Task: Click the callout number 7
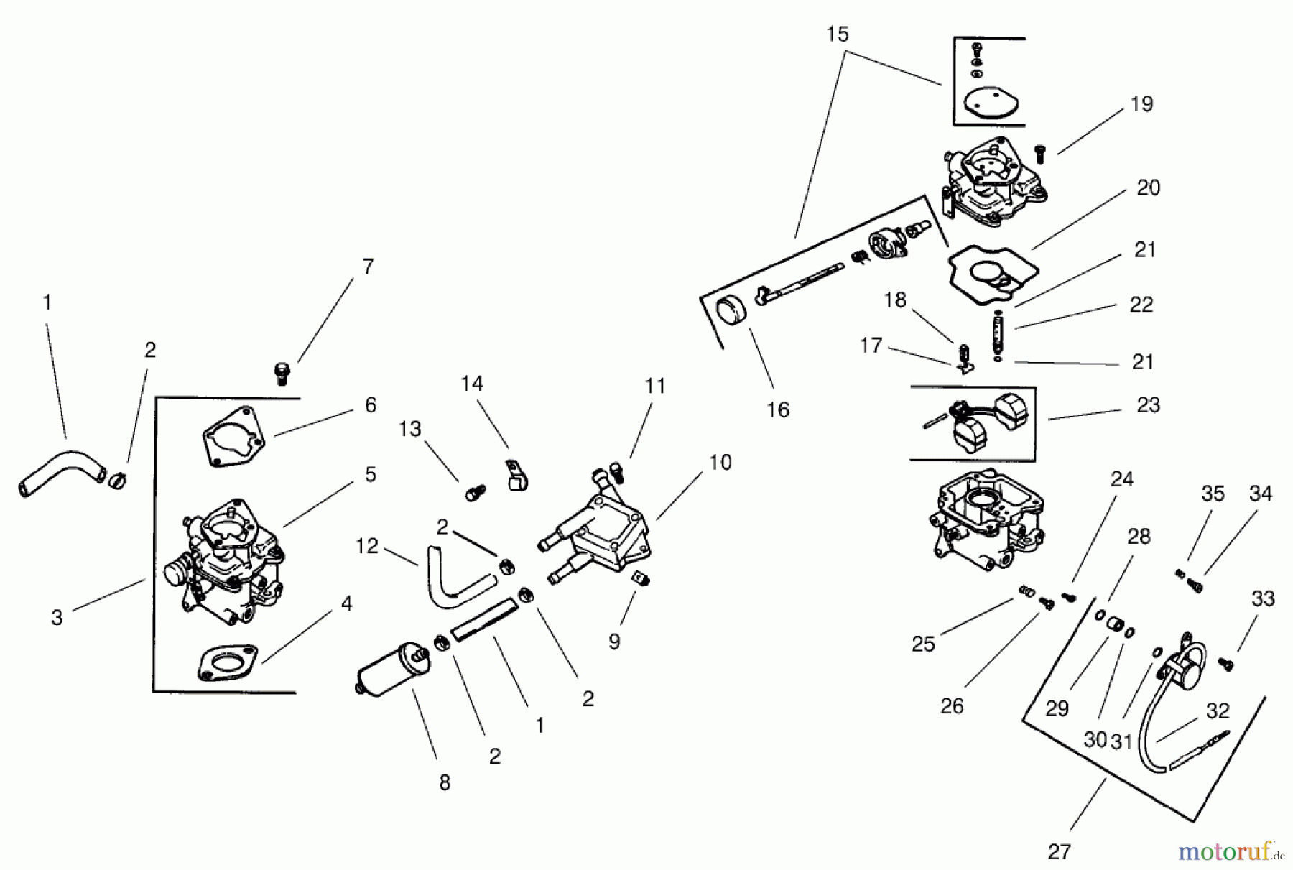tap(368, 267)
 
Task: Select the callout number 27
tap(1059, 852)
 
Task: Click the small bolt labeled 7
tap(282, 373)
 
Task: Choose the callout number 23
tap(1148, 405)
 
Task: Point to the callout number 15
tap(838, 34)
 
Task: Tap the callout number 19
tap(1141, 104)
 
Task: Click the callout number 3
tap(57, 618)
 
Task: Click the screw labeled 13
tap(474, 494)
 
